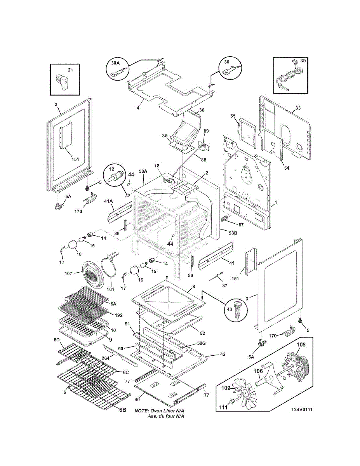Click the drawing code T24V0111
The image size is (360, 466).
(303, 409)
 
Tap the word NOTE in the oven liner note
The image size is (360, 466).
(142, 410)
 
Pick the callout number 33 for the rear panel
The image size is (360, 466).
(297, 108)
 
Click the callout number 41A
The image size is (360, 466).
(108, 202)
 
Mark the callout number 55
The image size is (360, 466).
(233, 116)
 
